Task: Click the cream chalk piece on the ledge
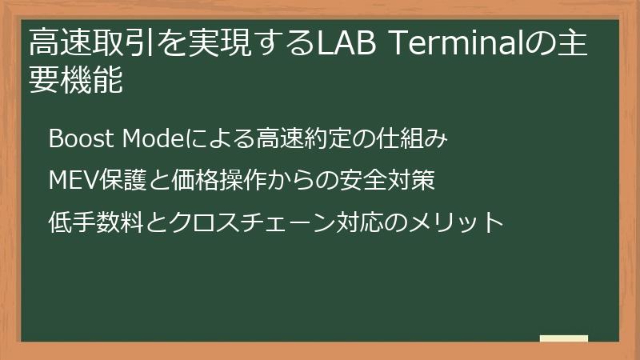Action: click(x=564, y=339)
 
